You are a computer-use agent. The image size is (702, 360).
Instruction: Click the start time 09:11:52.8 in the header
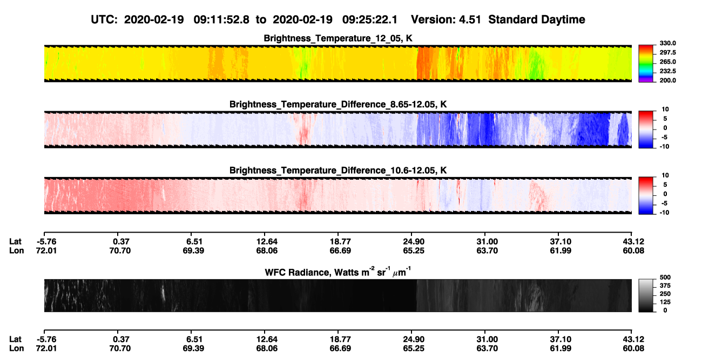pos(221,19)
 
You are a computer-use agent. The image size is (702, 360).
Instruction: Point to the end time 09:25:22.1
pos(370,19)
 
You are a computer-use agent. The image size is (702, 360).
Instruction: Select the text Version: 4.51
pos(446,19)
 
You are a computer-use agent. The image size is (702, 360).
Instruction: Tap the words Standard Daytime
pos(537,19)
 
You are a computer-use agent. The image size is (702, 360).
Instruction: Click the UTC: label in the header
pos(104,19)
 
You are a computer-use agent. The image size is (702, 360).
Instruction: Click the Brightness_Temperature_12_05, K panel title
pos(338,38)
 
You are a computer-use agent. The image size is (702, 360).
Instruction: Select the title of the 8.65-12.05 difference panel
pos(338,104)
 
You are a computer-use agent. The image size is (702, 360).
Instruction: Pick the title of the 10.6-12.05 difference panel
pos(338,171)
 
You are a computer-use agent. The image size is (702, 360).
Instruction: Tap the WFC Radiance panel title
pos(338,271)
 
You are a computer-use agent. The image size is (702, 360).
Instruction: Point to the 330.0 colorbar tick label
pos(667,43)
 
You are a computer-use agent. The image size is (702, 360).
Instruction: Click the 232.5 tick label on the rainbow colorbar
pos(667,71)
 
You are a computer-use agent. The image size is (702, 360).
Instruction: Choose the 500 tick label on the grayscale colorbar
pos(665,277)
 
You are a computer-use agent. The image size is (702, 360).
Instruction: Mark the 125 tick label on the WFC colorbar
pos(665,302)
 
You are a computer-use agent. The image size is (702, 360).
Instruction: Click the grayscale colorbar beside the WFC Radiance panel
pos(646,295)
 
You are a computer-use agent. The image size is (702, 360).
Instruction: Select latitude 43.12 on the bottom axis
pos(633,339)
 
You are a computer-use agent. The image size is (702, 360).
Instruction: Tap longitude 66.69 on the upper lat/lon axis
pos(340,250)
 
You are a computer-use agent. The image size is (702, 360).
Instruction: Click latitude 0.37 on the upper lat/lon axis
pos(121,242)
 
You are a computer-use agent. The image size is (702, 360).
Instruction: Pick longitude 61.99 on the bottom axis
pos(561,349)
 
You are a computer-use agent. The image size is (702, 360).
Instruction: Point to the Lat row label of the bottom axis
pos(15,339)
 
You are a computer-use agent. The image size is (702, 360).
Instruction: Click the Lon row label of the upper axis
pos(16,250)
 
